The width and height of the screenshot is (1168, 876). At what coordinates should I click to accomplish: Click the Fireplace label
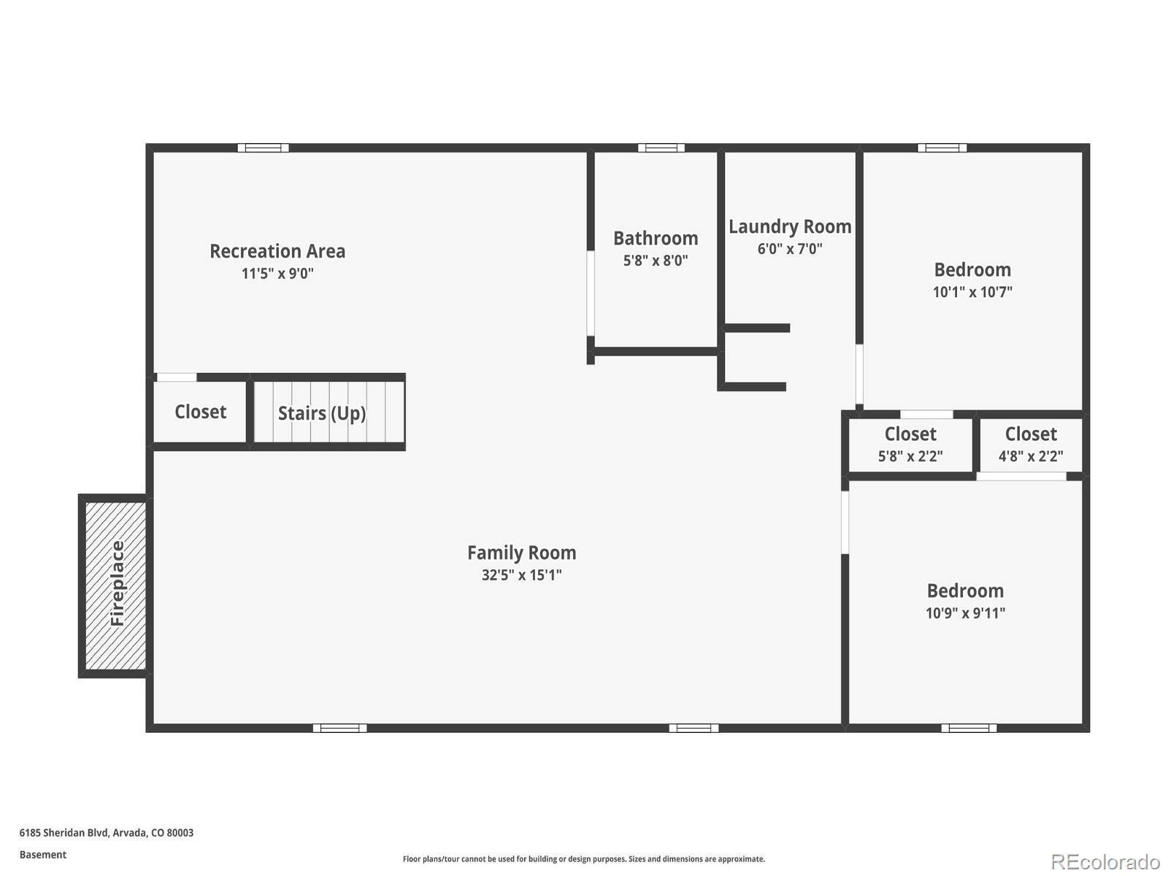click(x=117, y=583)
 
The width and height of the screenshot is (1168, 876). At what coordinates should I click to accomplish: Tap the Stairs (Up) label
click(x=322, y=413)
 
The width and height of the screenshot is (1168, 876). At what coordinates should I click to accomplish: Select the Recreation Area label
click(x=277, y=251)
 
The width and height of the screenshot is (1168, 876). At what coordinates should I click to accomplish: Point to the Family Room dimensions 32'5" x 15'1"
click(x=521, y=575)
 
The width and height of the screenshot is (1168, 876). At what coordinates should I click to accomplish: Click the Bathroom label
click(x=656, y=238)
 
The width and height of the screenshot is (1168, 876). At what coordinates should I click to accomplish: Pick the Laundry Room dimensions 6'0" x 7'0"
click(x=790, y=248)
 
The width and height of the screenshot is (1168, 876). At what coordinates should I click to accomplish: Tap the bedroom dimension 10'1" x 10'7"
click(x=972, y=292)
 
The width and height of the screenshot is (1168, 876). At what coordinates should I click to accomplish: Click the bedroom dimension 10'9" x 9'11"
click(x=965, y=612)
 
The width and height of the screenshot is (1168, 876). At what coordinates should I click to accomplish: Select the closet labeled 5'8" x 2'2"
click(x=910, y=445)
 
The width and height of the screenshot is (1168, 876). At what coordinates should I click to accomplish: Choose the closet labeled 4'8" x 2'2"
click(x=1031, y=445)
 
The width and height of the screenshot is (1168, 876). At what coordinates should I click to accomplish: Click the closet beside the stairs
click(x=200, y=412)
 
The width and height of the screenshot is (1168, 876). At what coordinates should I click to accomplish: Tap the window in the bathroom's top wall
click(x=661, y=148)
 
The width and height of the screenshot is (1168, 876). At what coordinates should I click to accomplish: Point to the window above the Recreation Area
click(x=263, y=148)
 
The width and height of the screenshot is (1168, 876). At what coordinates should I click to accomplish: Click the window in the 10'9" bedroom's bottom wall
click(x=969, y=728)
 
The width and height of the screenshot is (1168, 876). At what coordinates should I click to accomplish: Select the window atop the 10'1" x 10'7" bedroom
click(x=942, y=148)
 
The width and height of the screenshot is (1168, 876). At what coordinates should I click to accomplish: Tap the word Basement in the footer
click(x=43, y=855)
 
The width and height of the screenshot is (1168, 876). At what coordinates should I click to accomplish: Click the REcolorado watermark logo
click(x=1105, y=861)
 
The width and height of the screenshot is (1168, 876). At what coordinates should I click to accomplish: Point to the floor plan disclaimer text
click(x=584, y=859)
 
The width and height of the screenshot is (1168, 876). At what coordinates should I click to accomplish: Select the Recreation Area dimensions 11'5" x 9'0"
click(x=277, y=273)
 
